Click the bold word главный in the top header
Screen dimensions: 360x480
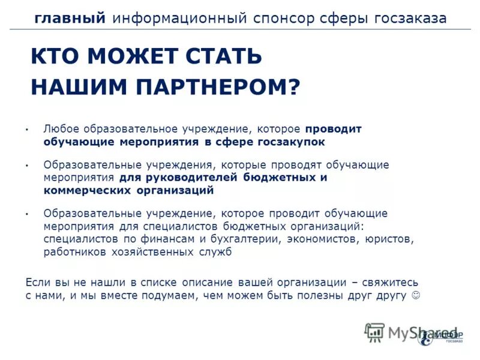pyautogui.click(x=69, y=18)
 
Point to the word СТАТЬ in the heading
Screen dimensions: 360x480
pyautogui.click(x=227, y=57)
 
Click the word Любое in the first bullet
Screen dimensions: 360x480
pyautogui.click(x=61, y=129)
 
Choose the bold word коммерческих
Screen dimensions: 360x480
pyautogui.click(x=82, y=190)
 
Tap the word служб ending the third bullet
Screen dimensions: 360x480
pyautogui.click(x=215, y=252)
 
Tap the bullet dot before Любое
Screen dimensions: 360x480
pyautogui.click(x=28, y=130)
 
